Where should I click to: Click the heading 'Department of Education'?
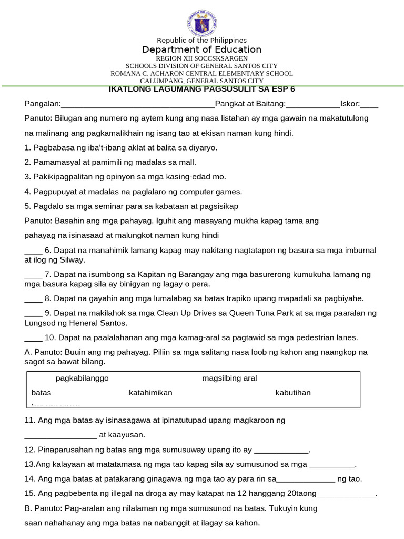[x=201, y=49]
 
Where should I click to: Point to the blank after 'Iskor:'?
[x=369, y=104]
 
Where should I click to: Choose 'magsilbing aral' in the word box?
[x=229, y=378]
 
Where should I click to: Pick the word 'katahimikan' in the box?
[x=150, y=393]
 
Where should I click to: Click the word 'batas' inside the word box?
[x=41, y=393]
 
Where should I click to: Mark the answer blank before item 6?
[x=33, y=251]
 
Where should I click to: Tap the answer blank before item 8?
[x=33, y=299]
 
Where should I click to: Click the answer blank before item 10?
[x=33, y=338]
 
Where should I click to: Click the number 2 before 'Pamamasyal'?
[x=27, y=162]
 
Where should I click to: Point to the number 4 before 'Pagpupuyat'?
[x=27, y=192]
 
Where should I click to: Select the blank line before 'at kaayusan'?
[x=60, y=435]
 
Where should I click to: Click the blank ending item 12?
[x=281, y=451]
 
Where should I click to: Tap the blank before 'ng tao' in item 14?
[x=306, y=480]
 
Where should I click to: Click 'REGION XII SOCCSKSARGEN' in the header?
[x=201, y=58]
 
